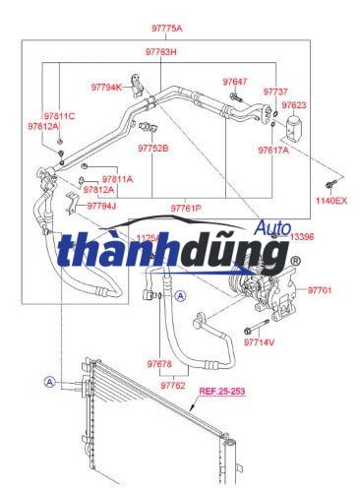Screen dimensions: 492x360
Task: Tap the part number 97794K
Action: (x=106, y=87)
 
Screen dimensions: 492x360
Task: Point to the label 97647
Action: (x=235, y=81)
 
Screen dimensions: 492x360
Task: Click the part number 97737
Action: (x=276, y=91)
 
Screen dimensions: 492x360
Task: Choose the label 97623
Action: (x=294, y=104)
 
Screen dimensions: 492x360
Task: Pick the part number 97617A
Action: (x=273, y=151)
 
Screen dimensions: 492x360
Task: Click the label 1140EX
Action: (x=331, y=200)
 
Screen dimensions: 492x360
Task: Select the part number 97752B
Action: (x=153, y=148)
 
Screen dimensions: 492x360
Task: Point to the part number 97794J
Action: (x=101, y=206)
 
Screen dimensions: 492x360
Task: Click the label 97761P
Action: (x=186, y=209)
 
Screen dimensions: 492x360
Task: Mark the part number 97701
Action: (x=321, y=291)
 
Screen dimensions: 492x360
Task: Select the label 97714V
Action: (x=259, y=341)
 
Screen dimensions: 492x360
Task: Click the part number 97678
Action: (x=159, y=364)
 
